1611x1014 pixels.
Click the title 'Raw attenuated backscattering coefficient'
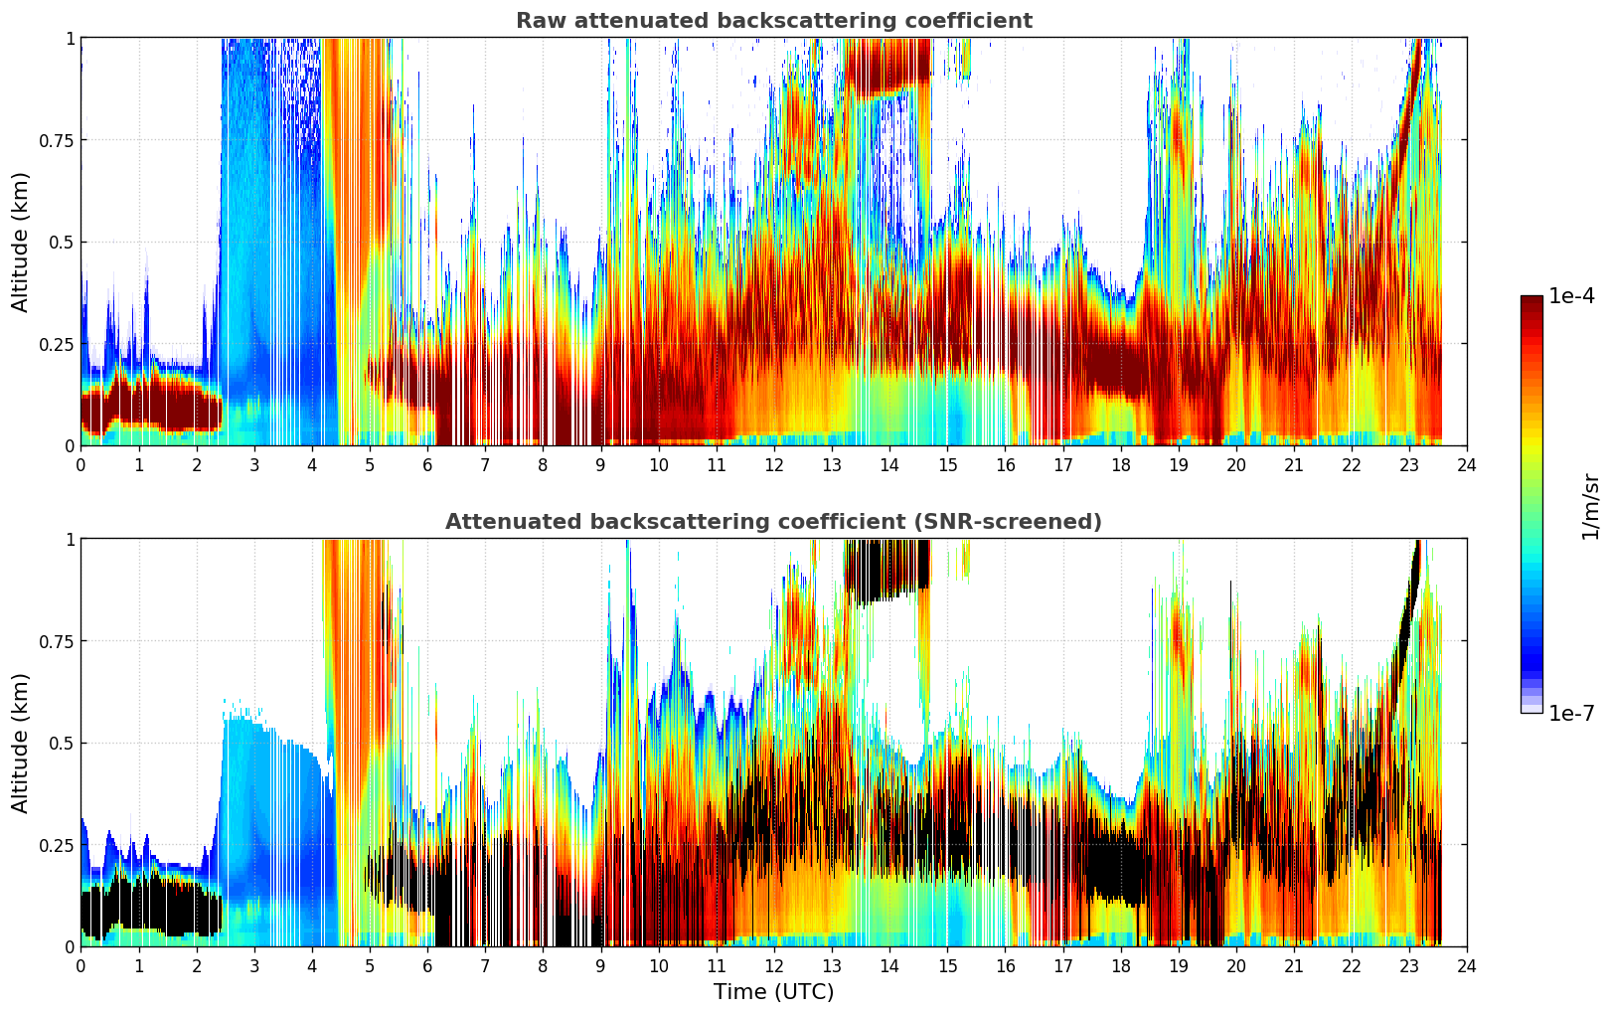point(773,21)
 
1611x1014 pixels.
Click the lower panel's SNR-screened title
point(773,522)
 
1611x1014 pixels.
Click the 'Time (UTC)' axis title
point(773,992)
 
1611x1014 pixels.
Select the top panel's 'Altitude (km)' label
point(21,242)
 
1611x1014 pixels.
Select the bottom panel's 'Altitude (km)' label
point(21,743)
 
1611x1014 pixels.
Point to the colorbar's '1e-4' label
point(1571,296)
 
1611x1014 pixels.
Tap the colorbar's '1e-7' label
point(1571,713)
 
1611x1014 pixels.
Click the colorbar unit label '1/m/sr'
point(1589,505)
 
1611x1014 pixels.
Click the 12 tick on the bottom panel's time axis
point(773,965)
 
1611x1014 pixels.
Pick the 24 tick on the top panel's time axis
point(1466,464)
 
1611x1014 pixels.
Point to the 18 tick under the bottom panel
point(1120,965)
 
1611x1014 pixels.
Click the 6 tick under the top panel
point(427,464)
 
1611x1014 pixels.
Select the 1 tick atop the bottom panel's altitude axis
point(70,539)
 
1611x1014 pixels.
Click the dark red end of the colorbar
point(1530,302)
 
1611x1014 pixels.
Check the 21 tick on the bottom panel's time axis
point(1293,965)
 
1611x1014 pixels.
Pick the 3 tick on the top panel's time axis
point(254,464)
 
